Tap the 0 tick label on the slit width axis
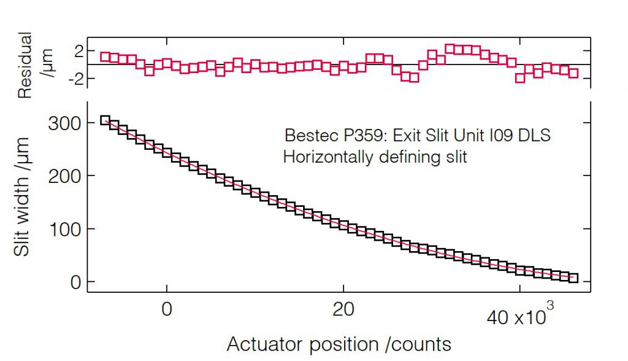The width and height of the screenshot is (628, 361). [75, 282]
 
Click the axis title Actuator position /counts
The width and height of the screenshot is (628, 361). [339, 344]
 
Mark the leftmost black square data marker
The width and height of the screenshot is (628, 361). [105, 120]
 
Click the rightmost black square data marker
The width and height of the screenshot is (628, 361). [573, 278]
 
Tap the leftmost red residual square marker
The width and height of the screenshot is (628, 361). [105, 56]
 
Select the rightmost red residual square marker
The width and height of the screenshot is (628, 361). [573, 73]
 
